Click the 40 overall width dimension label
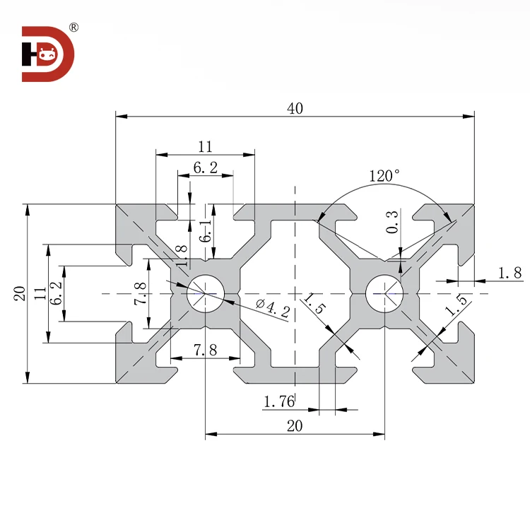click(295, 108)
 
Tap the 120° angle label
click(384, 175)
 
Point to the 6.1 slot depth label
click(206, 230)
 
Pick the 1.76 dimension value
click(278, 402)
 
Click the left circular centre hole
click(205, 293)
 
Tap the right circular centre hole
click(385, 293)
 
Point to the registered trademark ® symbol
click(73, 28)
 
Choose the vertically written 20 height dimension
click(19, 293)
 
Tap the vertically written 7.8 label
click(139, 293)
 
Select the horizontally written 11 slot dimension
click(205, 147)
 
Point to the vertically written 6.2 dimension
click(55, 293)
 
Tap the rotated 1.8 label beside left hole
click(181, 255)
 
